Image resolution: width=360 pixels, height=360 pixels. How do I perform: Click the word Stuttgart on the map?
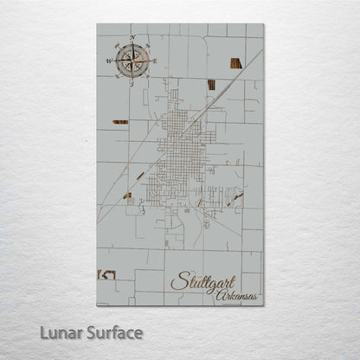click(x=202, y=280)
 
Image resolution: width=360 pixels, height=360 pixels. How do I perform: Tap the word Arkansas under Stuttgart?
click(x=238, y=295)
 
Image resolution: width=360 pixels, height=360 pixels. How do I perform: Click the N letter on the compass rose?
click(x=132, y=37)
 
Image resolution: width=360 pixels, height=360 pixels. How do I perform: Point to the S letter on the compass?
click(x=132, y=85)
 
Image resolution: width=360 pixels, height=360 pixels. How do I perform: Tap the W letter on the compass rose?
click(x=109, y=61)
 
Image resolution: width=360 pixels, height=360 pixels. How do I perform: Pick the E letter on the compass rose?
click(x=156, y=61)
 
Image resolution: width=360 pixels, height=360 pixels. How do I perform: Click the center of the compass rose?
click(x=132, y=61)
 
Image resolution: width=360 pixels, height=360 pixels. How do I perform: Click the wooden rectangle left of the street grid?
click(x=120, y=122)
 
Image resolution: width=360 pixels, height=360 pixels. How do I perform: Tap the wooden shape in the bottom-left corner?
click(x=106, y=274)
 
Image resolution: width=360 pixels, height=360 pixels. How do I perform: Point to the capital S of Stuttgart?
click(x=177, y=280)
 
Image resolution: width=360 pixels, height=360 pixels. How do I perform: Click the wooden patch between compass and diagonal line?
click(x=211, y=84)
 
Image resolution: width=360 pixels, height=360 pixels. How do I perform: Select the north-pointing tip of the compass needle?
click(x=132, y=45)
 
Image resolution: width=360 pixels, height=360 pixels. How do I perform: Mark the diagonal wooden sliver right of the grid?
click(x=235, y=197)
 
